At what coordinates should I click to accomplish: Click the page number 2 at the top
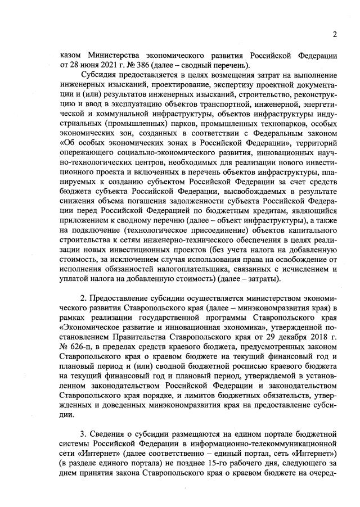click(x=334, y=35)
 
